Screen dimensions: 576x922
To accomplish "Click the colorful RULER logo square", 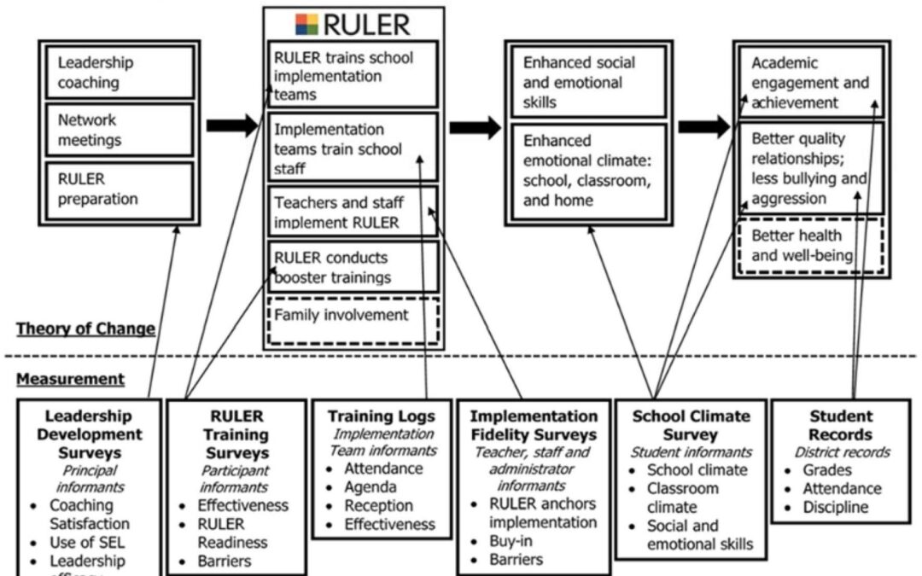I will (306, 23).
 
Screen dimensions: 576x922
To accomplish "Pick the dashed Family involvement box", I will (353, 317).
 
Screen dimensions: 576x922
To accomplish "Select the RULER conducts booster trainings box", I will (353, 267).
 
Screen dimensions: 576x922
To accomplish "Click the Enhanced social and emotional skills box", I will (585, 83).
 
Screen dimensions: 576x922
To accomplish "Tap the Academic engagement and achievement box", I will (808, 83).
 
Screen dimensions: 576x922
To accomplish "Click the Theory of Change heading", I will (85, 329).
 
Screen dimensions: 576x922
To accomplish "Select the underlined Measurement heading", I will (70, 379).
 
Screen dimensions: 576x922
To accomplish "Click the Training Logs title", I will (381, 417).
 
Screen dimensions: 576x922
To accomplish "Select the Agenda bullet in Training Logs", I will (371, 487).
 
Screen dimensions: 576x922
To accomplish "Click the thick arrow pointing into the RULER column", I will (232, 126).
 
